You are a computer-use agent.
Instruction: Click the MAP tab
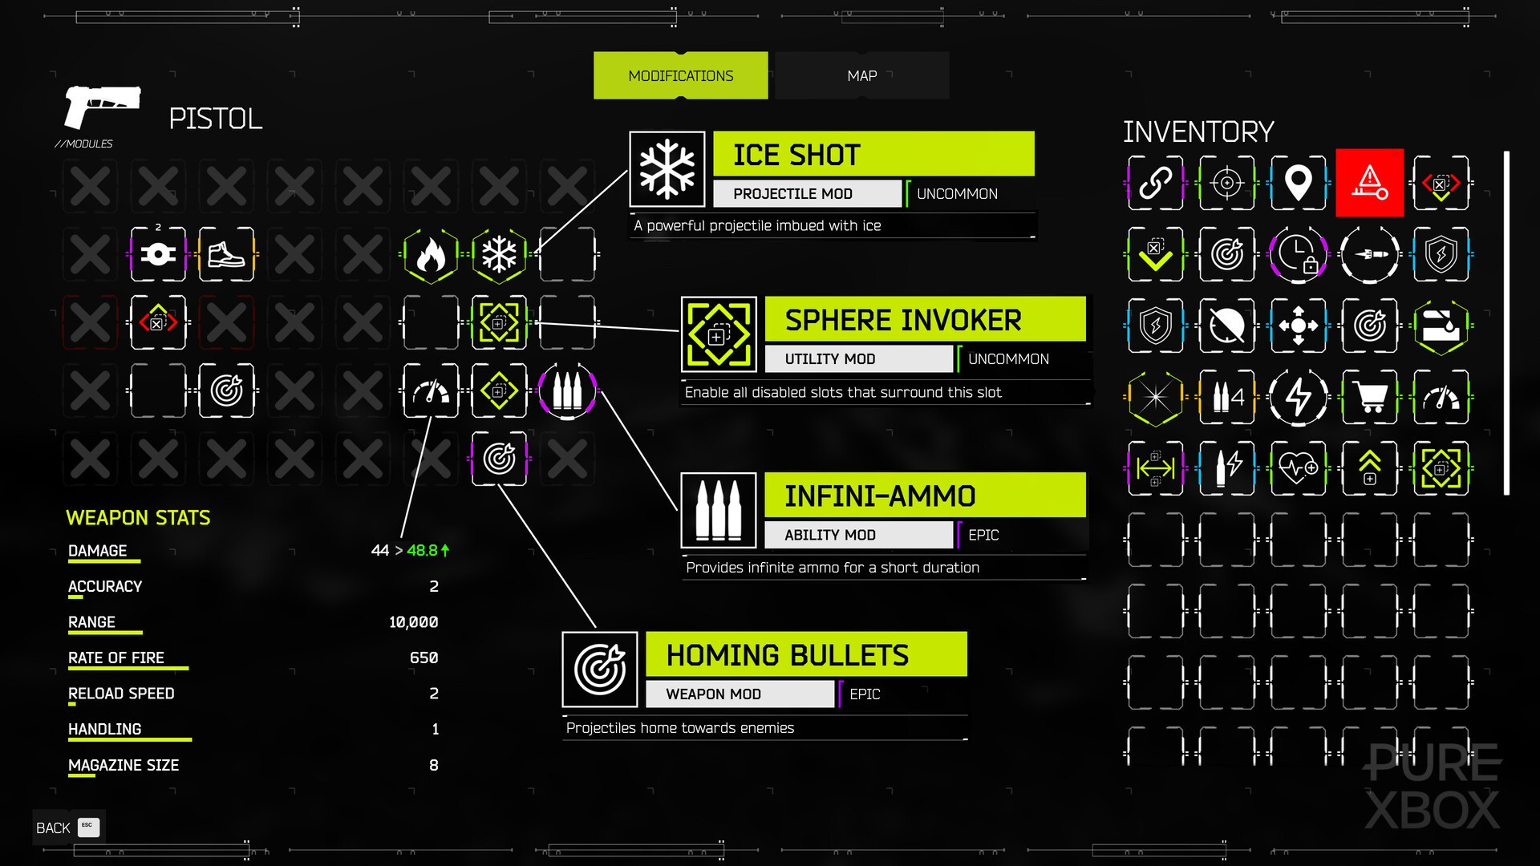861,75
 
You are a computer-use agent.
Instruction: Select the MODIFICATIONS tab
680,75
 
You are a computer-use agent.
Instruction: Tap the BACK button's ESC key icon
88,827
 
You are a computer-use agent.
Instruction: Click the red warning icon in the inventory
1369,183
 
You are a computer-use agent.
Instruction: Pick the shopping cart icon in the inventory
1369,397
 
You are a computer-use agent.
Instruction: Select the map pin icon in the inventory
1298,183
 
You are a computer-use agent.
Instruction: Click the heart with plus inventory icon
1298,468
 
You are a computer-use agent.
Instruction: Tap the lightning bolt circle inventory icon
1298,397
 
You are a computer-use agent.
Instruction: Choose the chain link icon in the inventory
1155,183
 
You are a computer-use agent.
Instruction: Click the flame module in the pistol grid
431,255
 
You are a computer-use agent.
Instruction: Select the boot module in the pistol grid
226,255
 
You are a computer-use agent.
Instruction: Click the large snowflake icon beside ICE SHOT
667,169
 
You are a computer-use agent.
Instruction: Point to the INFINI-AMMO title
880,496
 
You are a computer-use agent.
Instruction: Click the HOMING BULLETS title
787,655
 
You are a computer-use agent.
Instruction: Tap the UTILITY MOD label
829,359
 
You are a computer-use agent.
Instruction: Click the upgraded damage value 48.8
423,550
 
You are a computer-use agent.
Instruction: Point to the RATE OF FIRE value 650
423,658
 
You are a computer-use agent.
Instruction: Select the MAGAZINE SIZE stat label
124,765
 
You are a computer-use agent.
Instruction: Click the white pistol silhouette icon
102,107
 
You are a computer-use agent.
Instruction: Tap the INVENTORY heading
1198,132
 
